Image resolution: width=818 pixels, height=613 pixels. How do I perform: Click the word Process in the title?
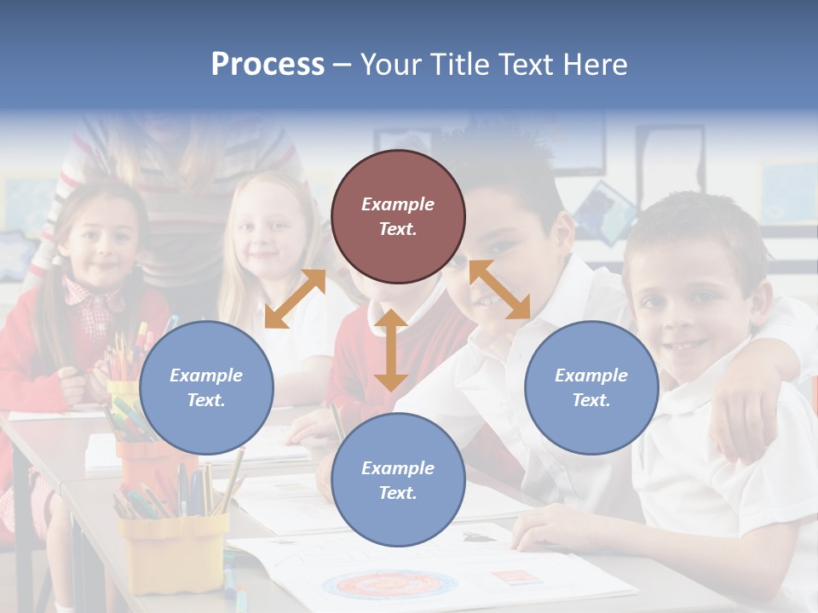[x=268, y=65]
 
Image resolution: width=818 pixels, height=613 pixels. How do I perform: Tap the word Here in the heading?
[x=594, y=65]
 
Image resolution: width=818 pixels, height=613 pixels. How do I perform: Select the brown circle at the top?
[x=398, y=216]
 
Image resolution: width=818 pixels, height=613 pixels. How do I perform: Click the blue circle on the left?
[x=206, y=387]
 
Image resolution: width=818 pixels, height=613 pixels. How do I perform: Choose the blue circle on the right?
[x=591, y=387]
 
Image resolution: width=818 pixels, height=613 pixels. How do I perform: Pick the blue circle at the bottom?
[x=398, y=480]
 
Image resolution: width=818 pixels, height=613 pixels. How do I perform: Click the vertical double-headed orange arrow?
[x=391, y=350]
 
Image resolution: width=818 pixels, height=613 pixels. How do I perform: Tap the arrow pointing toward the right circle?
[x=500, y=289]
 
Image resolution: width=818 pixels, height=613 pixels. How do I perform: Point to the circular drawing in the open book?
[x=389, y=585]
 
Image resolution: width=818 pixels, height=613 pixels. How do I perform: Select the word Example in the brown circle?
[x=398, y=204]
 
